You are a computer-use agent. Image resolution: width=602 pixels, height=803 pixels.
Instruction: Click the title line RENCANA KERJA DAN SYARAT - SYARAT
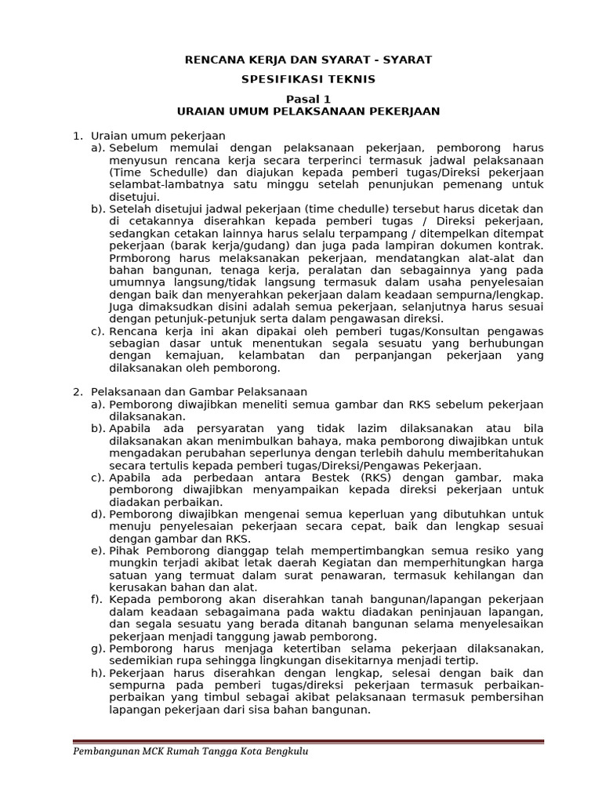[307, 60]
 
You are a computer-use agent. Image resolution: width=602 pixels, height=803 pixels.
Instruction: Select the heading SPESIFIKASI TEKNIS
[307, 79]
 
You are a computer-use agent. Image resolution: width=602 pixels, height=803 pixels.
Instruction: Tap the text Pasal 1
[307, 99]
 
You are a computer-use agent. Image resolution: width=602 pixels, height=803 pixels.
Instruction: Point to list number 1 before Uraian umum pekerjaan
[77, 136]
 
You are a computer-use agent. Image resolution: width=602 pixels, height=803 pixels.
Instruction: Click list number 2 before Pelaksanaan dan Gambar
[77, 391]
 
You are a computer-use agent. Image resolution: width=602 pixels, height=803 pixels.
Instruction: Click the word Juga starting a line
[121, 306]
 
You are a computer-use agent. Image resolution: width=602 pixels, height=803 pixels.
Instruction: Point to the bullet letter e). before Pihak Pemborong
[97, 550]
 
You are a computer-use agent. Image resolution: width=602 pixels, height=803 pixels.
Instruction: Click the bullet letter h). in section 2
[97, 673]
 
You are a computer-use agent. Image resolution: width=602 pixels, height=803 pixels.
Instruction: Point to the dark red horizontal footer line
[307, 741]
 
